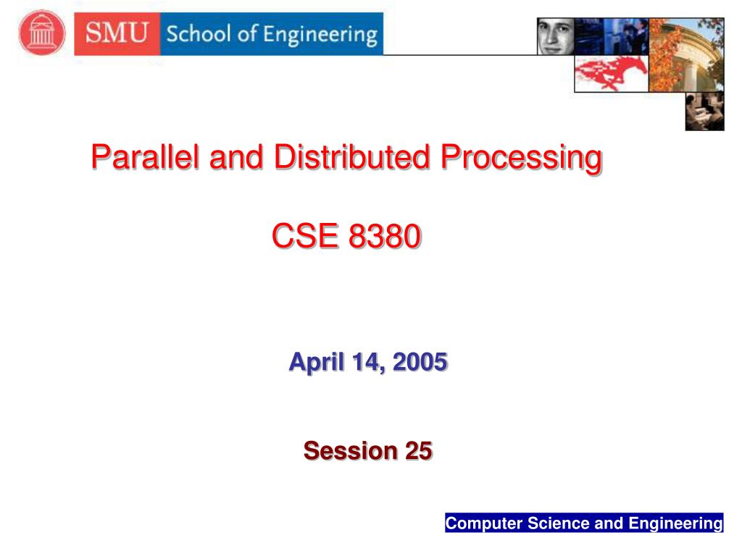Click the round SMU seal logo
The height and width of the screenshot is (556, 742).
pyautogui.click(x=41, y=33)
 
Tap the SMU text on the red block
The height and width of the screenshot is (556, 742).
pyautogui.click(x=117, y=33)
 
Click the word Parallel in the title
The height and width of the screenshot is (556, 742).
pyautogui.click(x=145, y=156)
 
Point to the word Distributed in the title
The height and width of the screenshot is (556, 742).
pyautogui.click(x=351, y=156)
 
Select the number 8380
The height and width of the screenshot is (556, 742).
pyautogui.click(x=384, y=235)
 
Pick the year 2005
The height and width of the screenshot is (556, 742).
pyautogui.click(x=420, y=362)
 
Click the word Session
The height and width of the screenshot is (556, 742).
pyautogui.click(x=351, y=450)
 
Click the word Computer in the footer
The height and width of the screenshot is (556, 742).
pyautogui.click(x=483, y=523)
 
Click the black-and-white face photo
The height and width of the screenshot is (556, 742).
pyautogui.click(x=556, y=36)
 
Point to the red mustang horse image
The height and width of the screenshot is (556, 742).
pyautogui.click(x=611, y=73)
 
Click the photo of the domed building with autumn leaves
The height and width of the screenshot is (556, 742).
pyautogui.click(x=686, y=55)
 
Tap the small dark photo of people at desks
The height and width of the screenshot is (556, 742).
pyautogui.click(x=704, y=111)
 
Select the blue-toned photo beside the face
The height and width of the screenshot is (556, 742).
pyautogui.click(x=612, y=36)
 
